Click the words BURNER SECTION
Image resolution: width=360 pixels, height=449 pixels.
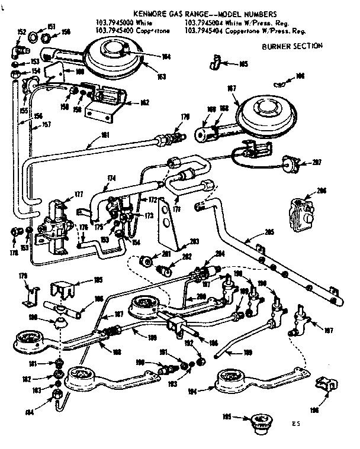click(291, 46)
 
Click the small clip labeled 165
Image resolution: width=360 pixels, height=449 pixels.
click(216, 61)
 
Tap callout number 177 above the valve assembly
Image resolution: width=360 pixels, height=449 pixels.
click(62, 193)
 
